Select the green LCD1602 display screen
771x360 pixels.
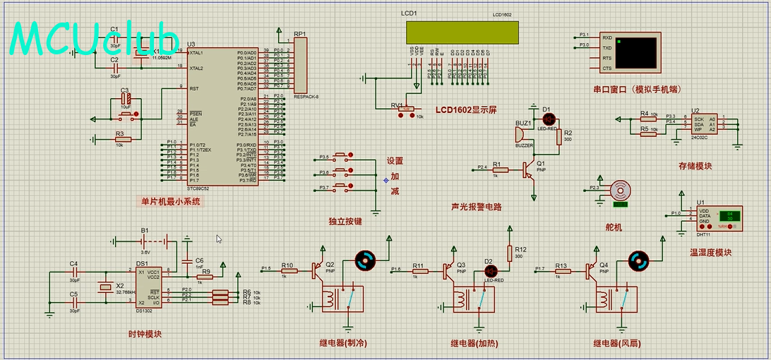pyautogui.click(x=462, y=32)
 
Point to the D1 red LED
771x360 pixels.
pyautogui.click(x=549, y=118)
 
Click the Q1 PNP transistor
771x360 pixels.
pyautogui.click(x=529, y=168)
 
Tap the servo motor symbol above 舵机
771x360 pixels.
pyautogui.click(x=620, y=190)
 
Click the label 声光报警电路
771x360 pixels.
pyautogui.click(x=476, y=207)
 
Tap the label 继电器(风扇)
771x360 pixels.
pyautogui.click(x=616, y=344)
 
